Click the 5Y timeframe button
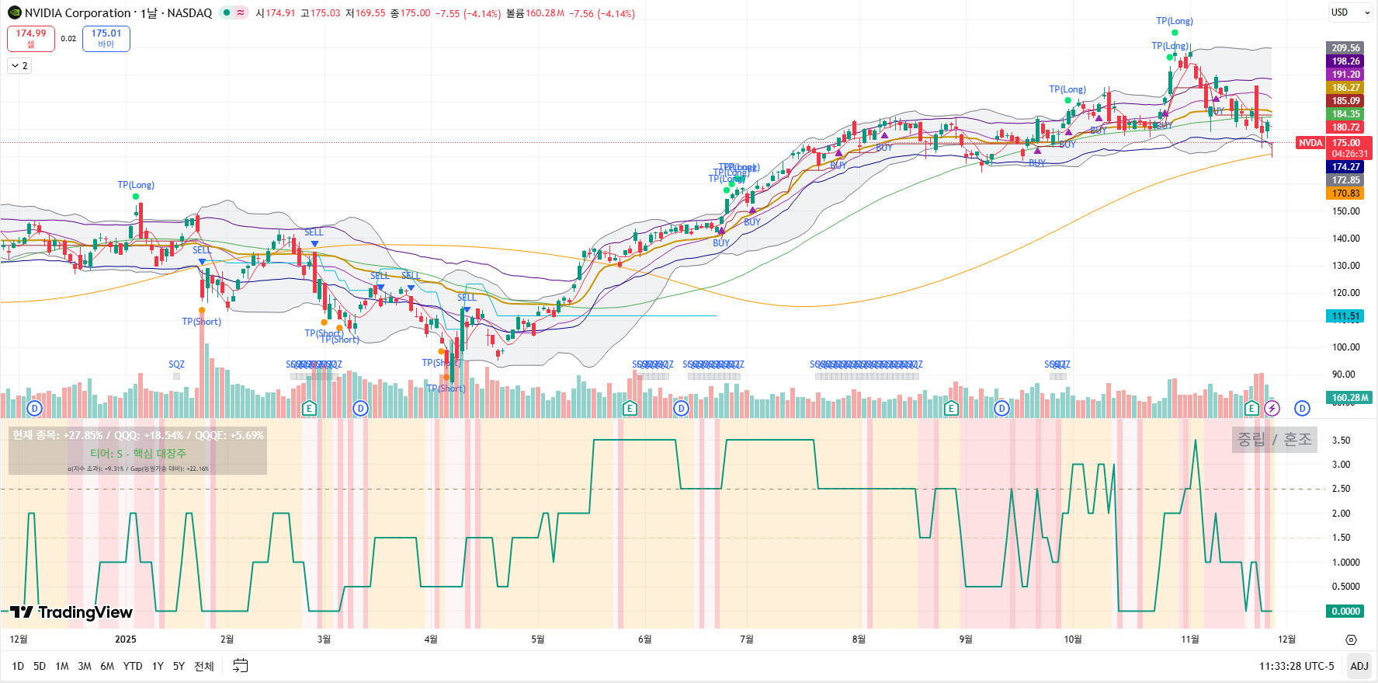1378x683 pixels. tap(179, 666)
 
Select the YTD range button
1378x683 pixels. tap(133, 666)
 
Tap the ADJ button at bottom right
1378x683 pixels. tap(1359, 666)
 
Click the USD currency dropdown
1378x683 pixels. tap(1349, 12)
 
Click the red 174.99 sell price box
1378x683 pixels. tap(31, 38)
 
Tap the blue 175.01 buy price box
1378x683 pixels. tap(106, 38)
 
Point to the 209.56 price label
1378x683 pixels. tap(1345, 48)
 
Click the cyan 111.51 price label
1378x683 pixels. tap(1345, 316)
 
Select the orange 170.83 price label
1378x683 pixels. tap(1345, 193)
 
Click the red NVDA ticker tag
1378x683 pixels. tap(1310, 143)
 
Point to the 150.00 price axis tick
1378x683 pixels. tap(1345, 211)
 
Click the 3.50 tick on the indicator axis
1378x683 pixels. tap(1341, 441)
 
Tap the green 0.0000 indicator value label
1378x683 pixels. tap(1345, 612)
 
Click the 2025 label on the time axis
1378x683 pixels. tap(125, 639)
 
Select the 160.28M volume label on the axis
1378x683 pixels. tap(1350, 398)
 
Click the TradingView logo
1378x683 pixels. tap(71, 612)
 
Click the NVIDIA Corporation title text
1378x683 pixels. tap(78, 13)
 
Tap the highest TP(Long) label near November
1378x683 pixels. tap(1174, 21)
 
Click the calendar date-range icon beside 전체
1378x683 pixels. tap(241, 666)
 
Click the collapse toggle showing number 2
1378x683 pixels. tap(19, 66)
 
